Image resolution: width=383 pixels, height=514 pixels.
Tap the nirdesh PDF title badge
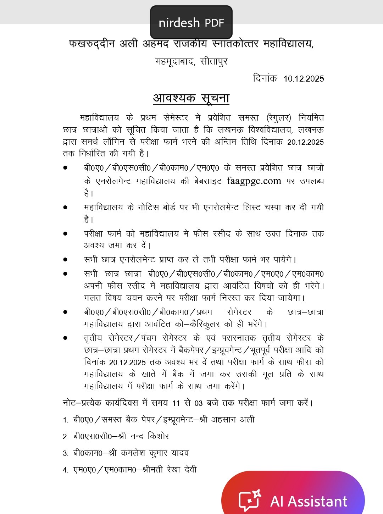pos(191,22)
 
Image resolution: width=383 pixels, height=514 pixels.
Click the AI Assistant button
pos(308,501)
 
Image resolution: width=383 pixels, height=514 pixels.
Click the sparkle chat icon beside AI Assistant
pos(250,500)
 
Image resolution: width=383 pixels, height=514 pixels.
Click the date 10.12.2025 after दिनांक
pos(304,79)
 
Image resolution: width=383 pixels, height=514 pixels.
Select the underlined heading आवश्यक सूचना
pos(191,98)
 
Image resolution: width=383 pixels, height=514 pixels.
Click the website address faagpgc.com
pos(254,181)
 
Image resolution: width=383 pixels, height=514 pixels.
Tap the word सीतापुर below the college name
pos(214,61)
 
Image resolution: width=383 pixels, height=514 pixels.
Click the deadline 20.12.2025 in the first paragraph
pos(305,142)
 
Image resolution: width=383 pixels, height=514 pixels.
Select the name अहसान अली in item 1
pos(233,420)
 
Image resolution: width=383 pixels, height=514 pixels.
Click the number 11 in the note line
pos(176,403)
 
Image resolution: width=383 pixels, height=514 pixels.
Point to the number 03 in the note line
pos(199,403)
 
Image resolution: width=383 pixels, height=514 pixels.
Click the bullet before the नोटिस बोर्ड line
pos(65,208)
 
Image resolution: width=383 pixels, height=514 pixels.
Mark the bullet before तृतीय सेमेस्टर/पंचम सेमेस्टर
pos(65,338)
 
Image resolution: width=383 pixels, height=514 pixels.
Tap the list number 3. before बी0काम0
pos(66,453)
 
